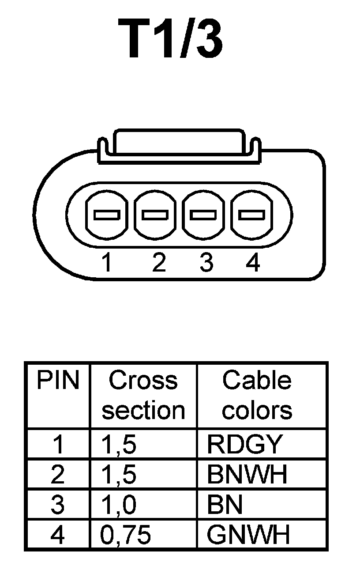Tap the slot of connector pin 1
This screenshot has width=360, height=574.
tap(106, 215)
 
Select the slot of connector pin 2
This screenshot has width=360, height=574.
tap(155, 215)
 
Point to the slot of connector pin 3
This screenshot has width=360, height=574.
tap(203, 215)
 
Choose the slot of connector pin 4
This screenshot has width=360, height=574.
tap(251, 215)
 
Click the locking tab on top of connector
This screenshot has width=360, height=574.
tap(178, 142)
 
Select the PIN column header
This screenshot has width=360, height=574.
tap(58, 381)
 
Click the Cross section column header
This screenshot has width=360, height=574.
tap(143, 395)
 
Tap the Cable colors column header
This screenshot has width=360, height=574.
tap(257, 395)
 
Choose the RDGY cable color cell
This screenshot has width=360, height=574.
tap(244, 445)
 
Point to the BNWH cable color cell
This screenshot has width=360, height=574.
tap(247, 475)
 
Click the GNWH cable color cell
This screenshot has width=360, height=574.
tap(248, 535)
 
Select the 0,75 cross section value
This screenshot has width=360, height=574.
tap(126, 535)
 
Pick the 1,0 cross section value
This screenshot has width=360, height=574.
tap(119, 505)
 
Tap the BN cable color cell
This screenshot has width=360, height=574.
tap(225, 505)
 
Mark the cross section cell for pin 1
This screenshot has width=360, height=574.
tap(119, 445)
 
